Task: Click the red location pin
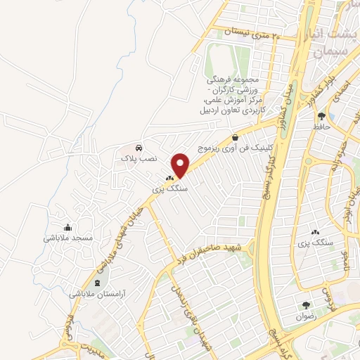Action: [x=181, y=165]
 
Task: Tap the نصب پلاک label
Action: [x=139, y=160]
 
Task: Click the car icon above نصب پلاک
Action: [x=139, y=148]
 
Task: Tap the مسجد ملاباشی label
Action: [x=68, y=238]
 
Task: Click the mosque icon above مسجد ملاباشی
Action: [x=67, y=227]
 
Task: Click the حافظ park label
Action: [x=322, y=127]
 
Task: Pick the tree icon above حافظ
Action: [x=322, y=115]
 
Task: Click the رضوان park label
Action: [x=307, y=316]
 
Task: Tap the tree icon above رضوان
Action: [x=306, y=305]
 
